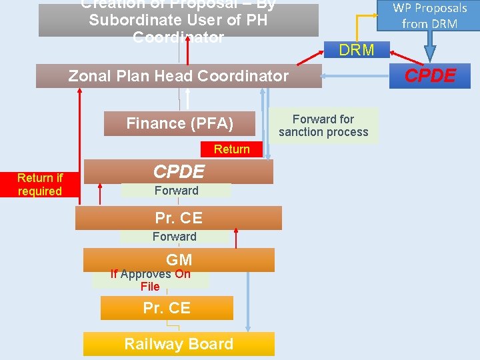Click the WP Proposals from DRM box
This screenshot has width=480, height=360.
tap(429, 16)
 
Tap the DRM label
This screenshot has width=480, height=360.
tap(357, 50)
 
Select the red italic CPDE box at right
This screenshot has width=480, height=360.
tap(430, 76)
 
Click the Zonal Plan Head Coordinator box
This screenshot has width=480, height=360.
tap(179, 76)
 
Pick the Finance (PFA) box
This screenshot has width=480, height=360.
tap(179, 123)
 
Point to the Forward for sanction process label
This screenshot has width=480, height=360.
tap(323, 125)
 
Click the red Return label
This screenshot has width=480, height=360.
tap(231, 149)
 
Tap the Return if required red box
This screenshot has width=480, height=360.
tap(40, 185)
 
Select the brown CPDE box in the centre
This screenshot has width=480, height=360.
tap(179, 172)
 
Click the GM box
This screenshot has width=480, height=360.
tap(179, 260)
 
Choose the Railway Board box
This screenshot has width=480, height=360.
tap(179, 344)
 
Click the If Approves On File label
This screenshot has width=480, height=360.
tap(150, 280)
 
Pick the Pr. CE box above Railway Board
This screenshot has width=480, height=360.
tap(167, 308)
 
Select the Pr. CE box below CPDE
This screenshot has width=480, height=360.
tap(179, 218)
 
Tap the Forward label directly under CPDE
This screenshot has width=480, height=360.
tap(176, 191)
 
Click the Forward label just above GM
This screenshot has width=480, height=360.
tap(174, 237)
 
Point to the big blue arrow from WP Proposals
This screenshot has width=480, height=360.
tap(430, 45)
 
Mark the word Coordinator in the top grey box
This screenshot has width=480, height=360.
tap(179, 37)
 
